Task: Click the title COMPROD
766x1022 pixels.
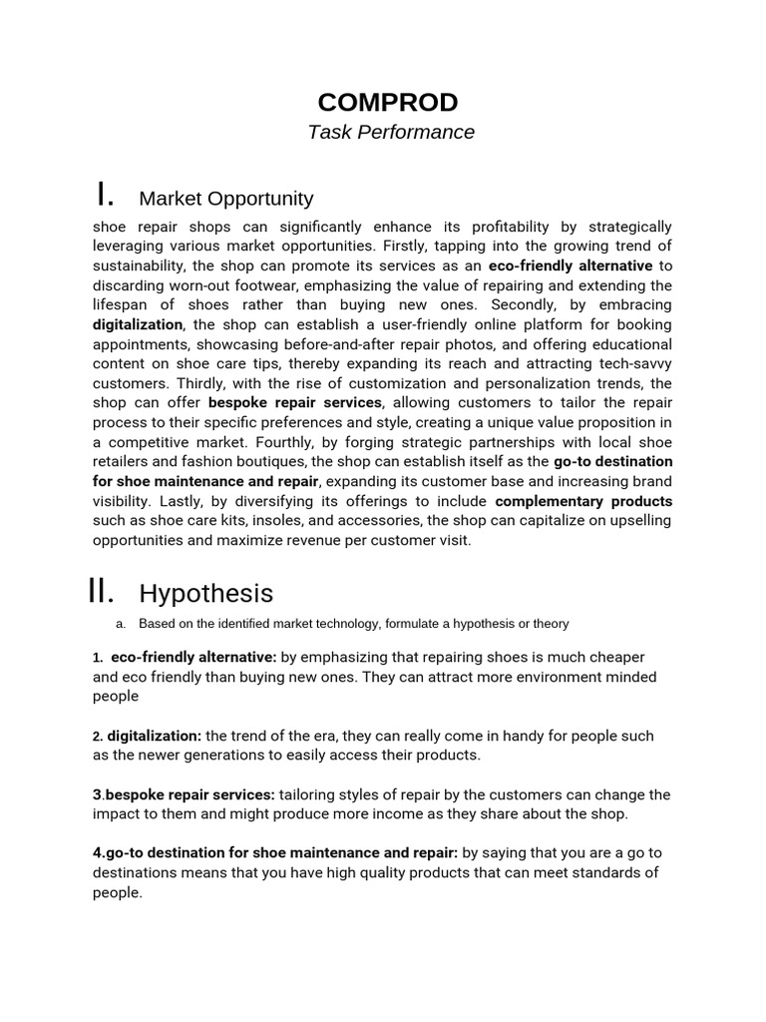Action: click(x=388, y=102)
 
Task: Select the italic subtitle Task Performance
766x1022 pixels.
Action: click(x=391, y=132)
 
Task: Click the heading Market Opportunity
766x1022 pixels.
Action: click(x=225, y=198)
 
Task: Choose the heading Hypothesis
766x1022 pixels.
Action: click(x=205, y=593)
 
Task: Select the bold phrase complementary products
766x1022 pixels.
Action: click(x=583, y=501)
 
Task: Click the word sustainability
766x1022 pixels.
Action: click(x=137, y=266)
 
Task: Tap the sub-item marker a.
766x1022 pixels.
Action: click(x=121, y=624)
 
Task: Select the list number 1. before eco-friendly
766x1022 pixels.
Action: click(x=98, y=658)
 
